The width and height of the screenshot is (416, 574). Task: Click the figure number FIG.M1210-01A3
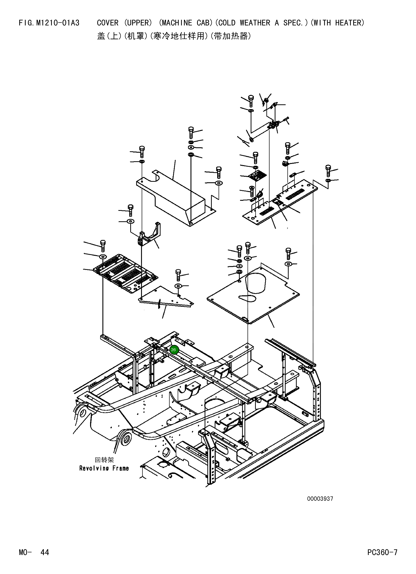[49, 23]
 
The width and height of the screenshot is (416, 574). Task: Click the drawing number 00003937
[320, 499]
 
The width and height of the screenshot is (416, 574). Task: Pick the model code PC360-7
[382, 559]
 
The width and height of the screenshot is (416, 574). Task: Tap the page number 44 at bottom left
[45, 559]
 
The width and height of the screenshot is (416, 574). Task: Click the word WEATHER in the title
[255, 23]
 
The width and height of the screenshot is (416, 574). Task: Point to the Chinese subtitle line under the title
[174, 36]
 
